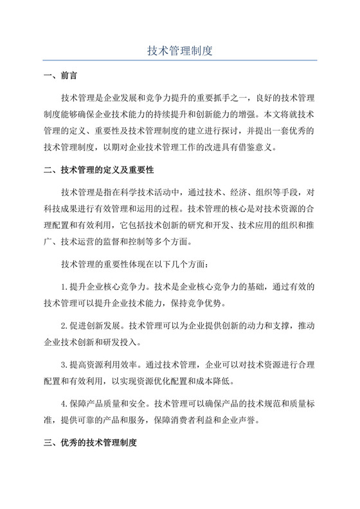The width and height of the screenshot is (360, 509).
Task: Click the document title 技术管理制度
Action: [x=180, y=49]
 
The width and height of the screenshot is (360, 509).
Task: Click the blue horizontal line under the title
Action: [x=180, y=60]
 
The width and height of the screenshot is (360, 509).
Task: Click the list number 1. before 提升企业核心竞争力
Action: [x=65, y=286]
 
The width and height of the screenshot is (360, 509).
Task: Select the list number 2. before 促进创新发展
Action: [x=65, y=326]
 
